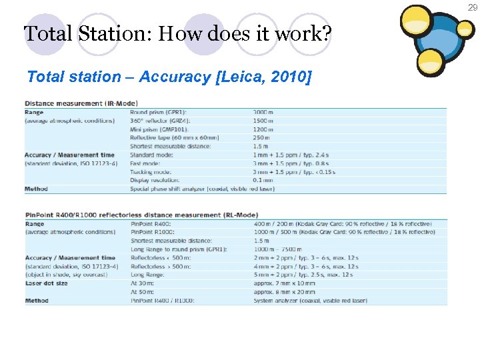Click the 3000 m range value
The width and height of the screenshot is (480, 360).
263,112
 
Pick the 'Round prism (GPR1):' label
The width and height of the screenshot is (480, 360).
159,112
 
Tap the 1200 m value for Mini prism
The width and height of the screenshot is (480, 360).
263,129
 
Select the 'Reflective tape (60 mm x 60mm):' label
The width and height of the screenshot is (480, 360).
173,137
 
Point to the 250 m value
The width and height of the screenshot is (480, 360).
261,137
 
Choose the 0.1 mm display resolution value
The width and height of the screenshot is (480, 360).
263,180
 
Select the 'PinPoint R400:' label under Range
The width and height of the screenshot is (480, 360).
151,223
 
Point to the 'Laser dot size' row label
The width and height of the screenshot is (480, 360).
47,283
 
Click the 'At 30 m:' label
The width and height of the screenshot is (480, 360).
144,283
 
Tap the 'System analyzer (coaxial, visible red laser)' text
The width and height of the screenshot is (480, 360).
311,301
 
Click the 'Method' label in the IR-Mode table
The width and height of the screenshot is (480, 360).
36,189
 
